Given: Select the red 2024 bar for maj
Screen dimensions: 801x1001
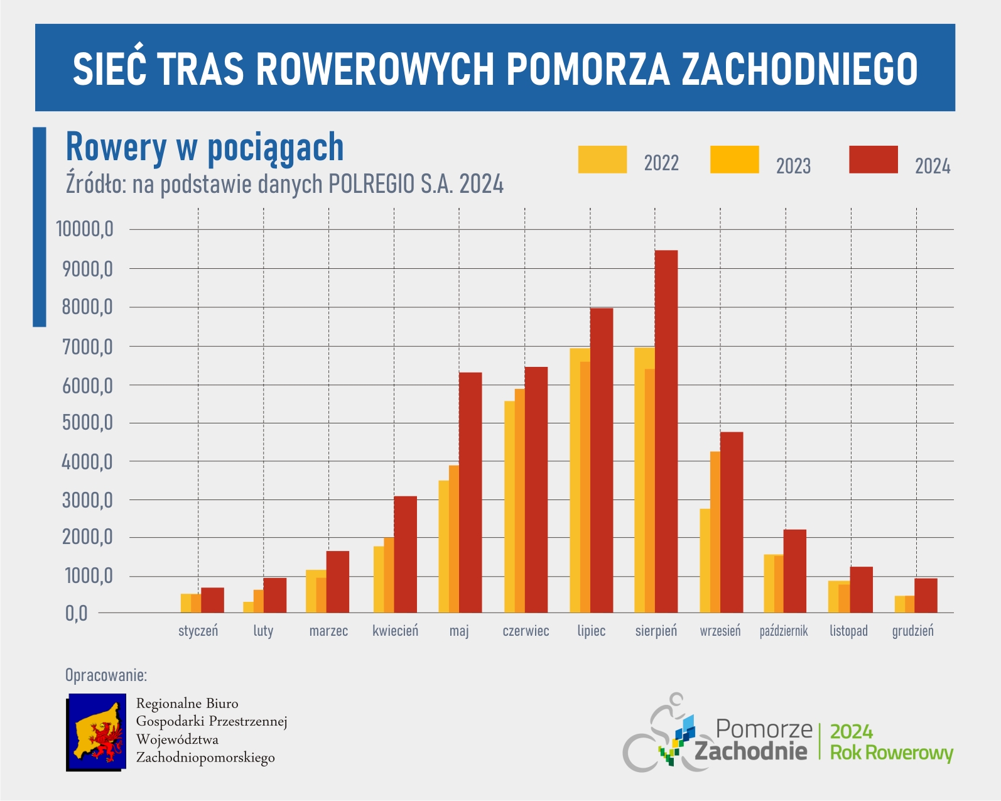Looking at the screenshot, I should click(470, 493).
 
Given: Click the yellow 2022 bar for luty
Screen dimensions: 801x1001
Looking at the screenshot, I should click(248, 607).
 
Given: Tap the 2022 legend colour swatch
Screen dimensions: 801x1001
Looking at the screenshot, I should click(602, 160).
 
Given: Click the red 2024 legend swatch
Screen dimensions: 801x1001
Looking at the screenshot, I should click(873, 160).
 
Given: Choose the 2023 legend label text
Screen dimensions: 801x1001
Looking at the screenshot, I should click(793, 166).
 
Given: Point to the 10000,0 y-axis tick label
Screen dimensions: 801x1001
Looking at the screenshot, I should click(85, 229).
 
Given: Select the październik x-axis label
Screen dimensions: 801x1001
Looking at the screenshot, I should click(783, 631).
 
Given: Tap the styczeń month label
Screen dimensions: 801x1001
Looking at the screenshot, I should click(198, 631).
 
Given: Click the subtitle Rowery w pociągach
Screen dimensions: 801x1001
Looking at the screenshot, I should click(205, 148).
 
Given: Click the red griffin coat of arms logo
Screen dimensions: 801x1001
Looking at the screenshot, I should click(97, 732).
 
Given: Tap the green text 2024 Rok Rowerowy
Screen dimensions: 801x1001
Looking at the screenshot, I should click(891, 742).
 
